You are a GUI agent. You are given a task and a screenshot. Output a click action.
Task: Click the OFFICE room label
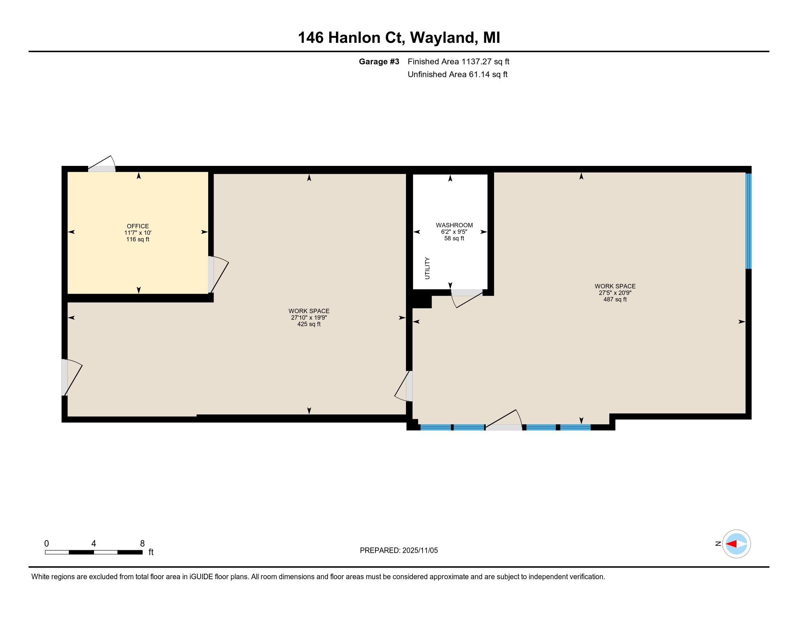(138, 226)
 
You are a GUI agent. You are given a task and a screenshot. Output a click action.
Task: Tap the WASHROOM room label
(454, 225)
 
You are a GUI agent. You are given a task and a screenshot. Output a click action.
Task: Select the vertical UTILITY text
(427, 268)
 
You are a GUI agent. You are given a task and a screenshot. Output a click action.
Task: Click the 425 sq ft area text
(309, 324)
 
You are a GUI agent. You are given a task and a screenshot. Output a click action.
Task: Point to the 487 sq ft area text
(615, 299)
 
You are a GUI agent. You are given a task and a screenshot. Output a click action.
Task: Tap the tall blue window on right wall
(748, 221)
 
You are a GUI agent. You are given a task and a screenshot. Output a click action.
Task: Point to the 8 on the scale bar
(143, 544)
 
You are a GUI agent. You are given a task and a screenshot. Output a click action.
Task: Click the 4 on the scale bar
(94, 544)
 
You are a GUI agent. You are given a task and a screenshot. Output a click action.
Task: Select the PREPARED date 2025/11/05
(419, 551)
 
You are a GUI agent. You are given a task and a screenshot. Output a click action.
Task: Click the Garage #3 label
(379, 62)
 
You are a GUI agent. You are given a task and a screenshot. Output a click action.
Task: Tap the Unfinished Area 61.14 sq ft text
(457, 74)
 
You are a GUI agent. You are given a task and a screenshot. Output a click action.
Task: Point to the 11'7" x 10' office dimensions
(138, 233)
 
